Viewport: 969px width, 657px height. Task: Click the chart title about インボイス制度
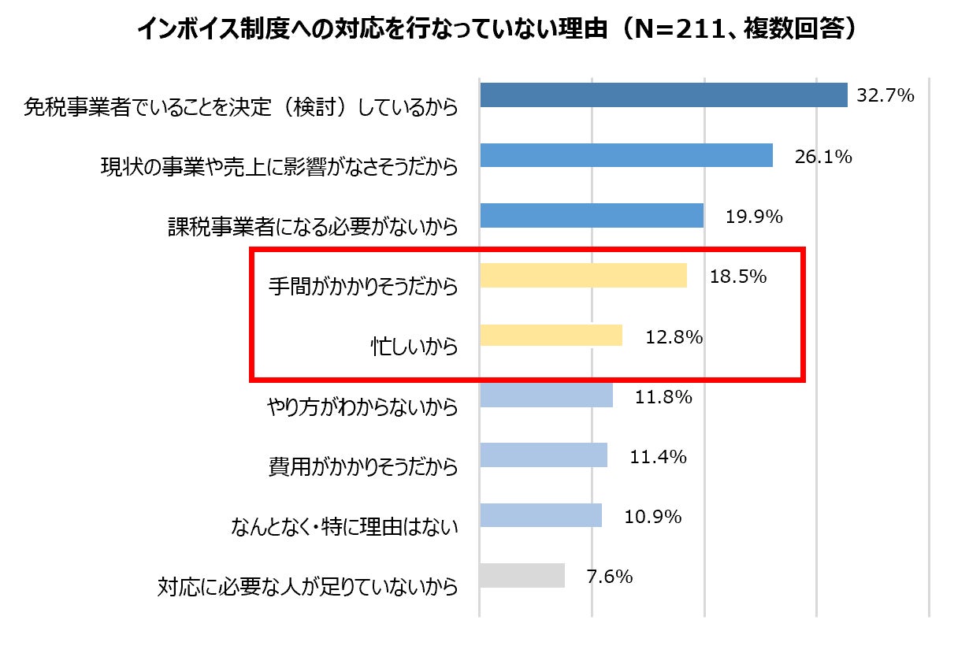click(496, 31)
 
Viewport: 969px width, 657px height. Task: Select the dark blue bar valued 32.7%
click(663, 95)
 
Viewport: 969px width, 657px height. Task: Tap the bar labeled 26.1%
click(626, 156)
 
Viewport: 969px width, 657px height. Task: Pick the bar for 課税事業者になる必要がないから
click(591, 216)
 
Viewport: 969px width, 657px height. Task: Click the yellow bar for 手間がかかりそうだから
click(583, 276)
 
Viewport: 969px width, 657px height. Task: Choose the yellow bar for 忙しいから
click(551, 336)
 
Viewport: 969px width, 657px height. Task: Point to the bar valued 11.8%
click(546, 395)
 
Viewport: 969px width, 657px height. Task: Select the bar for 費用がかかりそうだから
click(543, 455)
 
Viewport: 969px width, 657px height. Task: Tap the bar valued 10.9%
click(540, 515)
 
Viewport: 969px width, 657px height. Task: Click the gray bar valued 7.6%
click(522, 575)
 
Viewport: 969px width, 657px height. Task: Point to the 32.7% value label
click(885, 96)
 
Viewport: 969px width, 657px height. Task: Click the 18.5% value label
click(737, 277)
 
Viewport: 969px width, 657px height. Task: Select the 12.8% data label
click(674, 337)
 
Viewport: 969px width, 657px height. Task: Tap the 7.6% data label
click(610, 577)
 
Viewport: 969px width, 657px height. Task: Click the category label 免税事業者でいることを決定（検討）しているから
click(241, 106)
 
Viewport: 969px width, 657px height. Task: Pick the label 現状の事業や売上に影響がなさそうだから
click(279, 167)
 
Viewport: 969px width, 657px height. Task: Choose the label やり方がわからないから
click(363, 407)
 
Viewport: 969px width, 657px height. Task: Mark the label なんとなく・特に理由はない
click(343, 527)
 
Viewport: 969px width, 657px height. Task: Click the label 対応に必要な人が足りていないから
click(307, 587)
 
